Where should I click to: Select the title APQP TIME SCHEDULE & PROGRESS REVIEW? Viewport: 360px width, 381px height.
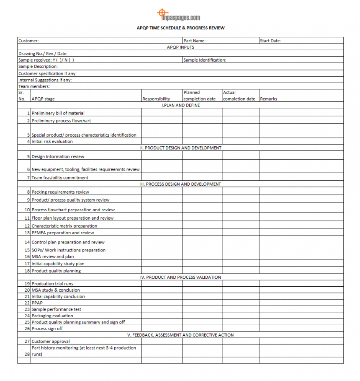pos(180,28)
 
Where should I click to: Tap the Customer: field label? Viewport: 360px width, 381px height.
pos(28,41)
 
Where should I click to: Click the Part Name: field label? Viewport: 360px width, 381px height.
pos(194,41)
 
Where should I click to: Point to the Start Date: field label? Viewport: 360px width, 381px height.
pos(270,41)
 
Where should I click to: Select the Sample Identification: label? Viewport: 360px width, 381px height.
pos(205,60)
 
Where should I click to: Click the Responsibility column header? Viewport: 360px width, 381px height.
pos(156,99)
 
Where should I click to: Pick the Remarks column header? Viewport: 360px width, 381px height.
pos(268,99)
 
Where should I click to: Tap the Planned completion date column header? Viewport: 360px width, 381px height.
pos(200,96)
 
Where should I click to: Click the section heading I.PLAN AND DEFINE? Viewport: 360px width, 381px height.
pos(180,105)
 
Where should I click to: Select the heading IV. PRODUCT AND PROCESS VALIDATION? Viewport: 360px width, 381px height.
pos(180,277)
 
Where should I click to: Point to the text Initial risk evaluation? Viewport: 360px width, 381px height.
pos(52,142)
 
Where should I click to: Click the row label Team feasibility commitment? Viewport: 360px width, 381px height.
pos(60,178)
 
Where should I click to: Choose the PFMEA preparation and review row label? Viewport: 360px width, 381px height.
pos(63,233)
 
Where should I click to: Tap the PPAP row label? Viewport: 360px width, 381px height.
pos(37,303)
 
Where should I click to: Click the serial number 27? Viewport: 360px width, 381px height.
pos(27,342)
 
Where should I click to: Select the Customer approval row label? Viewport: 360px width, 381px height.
pos(51,342)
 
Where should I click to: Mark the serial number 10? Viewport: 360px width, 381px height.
pos(27,210)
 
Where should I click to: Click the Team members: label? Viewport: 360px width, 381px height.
pos(34,86)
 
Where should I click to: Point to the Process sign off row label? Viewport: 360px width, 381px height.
pos(47,329)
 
